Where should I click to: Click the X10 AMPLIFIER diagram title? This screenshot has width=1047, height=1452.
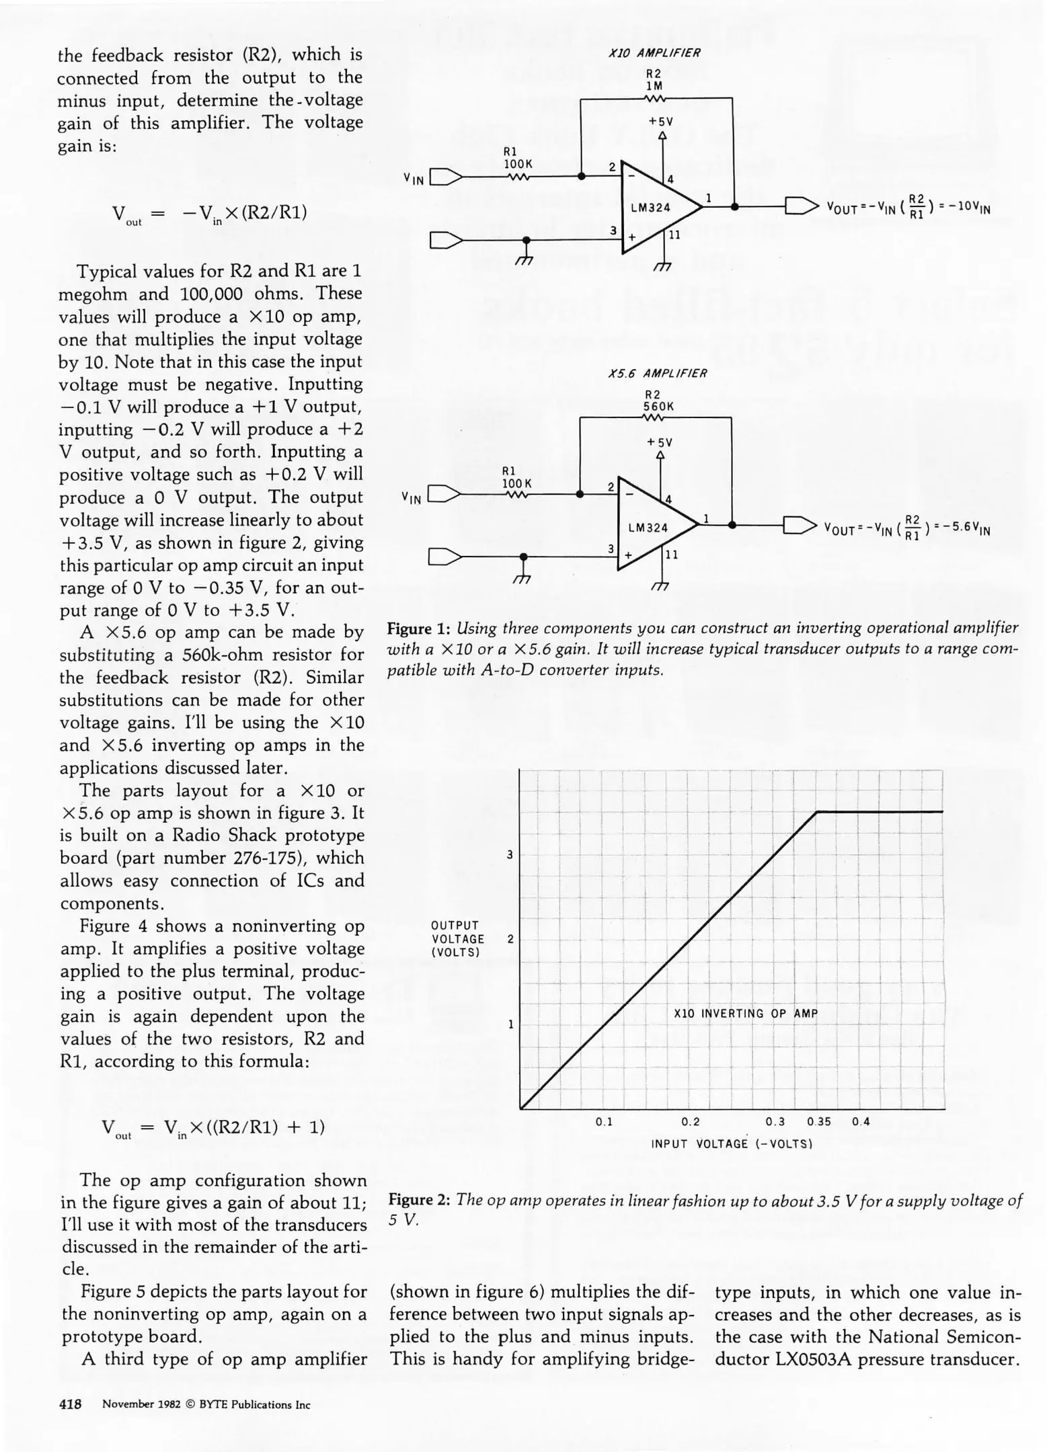[x=654, y=53]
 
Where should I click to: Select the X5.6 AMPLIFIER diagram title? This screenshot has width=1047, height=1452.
[x=657, y=373]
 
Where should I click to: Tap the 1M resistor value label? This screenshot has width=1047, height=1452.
[x=654, y=86]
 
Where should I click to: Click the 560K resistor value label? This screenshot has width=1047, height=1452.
[x=658, y=407]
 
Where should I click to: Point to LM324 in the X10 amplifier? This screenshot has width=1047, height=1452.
[x=650, y=208]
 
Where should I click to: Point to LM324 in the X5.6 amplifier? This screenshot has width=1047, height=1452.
[x=648, y=528]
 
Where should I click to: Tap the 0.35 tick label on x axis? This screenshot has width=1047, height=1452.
[x=819, y=1121]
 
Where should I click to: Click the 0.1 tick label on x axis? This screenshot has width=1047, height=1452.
[x=604, y=1121]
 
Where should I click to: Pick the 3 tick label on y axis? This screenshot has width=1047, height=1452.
[x=510, y=855]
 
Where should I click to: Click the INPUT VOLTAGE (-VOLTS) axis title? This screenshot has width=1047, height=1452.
[x=732, y=1143]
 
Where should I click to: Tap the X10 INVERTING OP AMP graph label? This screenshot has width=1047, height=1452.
[x=745, y=1014]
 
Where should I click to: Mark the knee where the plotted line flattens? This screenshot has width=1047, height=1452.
[x=817, y=812]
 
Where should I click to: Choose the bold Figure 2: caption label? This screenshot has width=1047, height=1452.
[x=420, y=1200]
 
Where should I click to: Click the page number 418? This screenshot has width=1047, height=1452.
[x=71, y=1404]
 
